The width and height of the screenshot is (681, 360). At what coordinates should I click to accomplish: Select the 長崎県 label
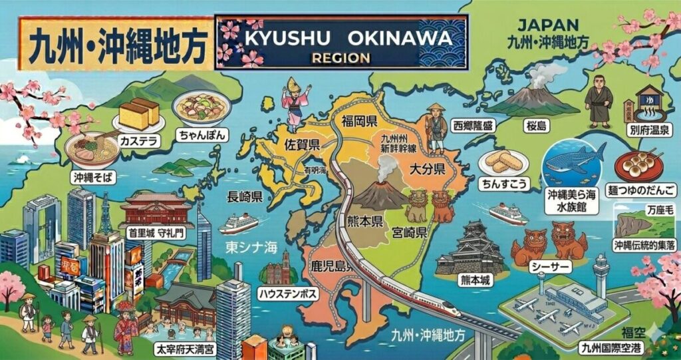pyautogui.click(x=245, y=197)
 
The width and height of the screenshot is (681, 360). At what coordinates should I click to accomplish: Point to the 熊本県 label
pyautogui.click(x=365, y=221)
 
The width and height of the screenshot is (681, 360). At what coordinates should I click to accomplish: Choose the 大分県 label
pyautogui.click(x=426, y=168)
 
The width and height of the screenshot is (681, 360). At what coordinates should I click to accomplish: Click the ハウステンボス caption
pyautogui.click(x=287, y=293)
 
